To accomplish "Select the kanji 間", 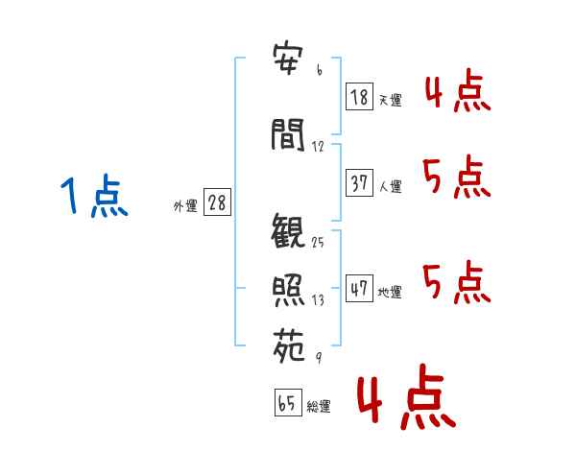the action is click(x=288, y=134).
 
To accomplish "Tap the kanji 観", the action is click(x=288, y=231).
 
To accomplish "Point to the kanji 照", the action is click(x=288, y=291).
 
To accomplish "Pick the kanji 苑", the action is click(x=289, y=345).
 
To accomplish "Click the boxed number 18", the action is click(x=359, y=97).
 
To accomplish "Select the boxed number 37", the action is click(x=359, y=182).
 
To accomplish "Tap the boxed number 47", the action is click(x=359, y=288).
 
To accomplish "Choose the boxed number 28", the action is click(x=217, y=202).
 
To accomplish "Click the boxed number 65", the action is click(x=288, y=402).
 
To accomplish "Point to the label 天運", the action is click(x=390, y=100).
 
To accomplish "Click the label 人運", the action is click(x=390, y=186).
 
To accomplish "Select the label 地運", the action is click(x=390, y=292).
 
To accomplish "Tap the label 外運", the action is click(x=185, y=206).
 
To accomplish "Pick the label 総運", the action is click(x=319, y=406).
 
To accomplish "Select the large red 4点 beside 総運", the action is click(x=406, y=396).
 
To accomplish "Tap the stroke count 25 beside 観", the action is click(x=318, y=243).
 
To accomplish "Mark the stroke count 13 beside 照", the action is click(x=318, y=300).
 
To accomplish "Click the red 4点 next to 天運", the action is click(x=458, y=90).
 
